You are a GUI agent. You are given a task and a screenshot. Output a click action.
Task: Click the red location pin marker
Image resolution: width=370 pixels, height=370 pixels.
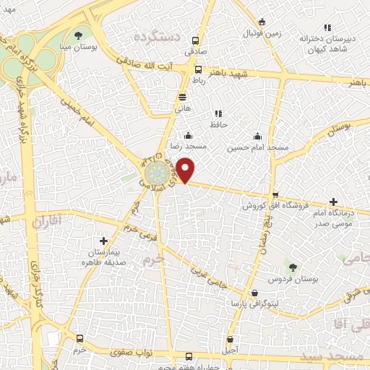pos(186,170)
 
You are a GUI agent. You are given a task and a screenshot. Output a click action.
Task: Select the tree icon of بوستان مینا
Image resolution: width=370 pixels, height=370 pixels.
pos(78,35)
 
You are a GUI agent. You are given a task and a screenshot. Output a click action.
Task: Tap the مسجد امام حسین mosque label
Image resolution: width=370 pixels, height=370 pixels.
pos(258,147)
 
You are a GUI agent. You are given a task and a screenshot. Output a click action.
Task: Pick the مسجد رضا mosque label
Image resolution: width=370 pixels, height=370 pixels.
pos(190,145)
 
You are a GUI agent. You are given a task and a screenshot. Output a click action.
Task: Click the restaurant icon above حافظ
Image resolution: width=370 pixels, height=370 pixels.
pos(218,113)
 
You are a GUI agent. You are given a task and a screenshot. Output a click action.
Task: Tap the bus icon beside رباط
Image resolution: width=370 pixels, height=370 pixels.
pos(199,70)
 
